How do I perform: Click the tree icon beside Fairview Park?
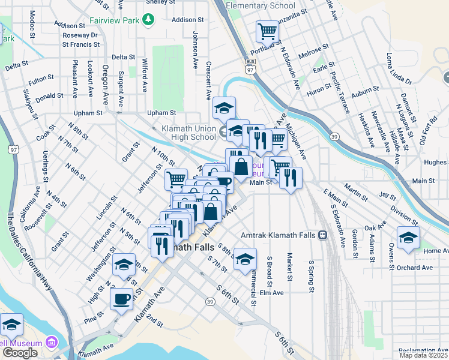pyautogui.click(x=148, y=20)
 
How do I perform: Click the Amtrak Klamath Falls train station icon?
pyautogui.click(x=323, y=235)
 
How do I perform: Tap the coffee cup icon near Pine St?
pyautogui.click(x=121, y=298)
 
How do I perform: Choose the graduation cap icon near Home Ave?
pyautogui.click(x=408, y=236)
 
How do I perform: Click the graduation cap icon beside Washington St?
pyautogui.click(x=124, y=264)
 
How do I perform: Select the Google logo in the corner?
pyautogui.click(x=20, y=353)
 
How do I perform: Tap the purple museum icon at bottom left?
pyautogui.click(x=52, y=343)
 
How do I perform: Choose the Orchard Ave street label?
pyautogui.click(x=414, y=268)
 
